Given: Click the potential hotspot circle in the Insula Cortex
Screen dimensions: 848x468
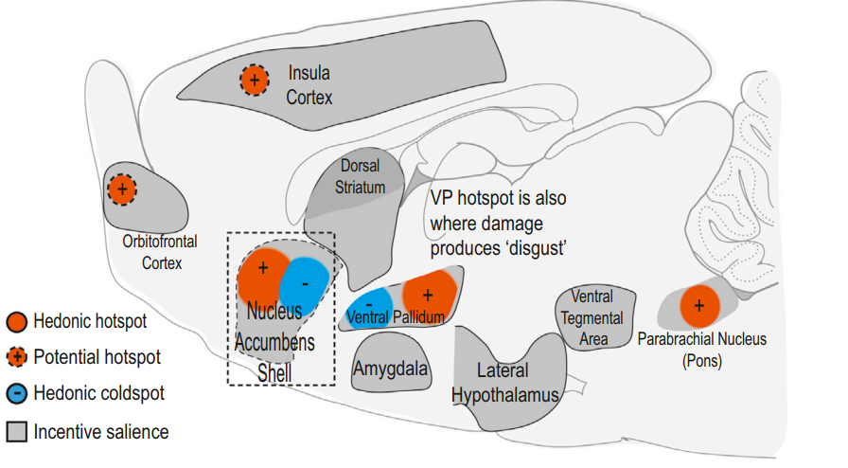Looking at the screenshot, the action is click(255, 81).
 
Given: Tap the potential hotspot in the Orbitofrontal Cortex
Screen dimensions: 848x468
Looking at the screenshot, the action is click(122, 189).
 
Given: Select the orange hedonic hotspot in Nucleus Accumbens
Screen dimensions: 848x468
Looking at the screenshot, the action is click(263, 277).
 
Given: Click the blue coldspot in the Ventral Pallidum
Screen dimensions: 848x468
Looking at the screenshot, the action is click(371, 308).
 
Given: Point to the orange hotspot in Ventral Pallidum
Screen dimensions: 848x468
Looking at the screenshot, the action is click(429, 296).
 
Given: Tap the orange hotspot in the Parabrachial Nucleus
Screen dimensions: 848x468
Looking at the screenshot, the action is click(699, 306).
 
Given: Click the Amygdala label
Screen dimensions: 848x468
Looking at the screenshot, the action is click(391, 369).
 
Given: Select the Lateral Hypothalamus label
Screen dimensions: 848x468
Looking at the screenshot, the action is click(504, 383).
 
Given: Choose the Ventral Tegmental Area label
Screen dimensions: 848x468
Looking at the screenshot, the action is click(592, 318).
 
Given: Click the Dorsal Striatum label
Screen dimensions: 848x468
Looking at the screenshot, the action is click(361, 176).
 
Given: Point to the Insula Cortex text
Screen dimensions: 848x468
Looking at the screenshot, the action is click(309, 85).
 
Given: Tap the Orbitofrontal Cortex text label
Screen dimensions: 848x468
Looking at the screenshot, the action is click(160, 252).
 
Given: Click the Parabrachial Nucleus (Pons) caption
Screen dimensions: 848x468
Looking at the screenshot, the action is click(702, 350).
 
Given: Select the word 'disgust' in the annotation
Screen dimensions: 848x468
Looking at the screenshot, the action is click(536, 248).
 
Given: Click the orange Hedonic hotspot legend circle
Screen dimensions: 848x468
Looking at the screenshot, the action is click(17, 321).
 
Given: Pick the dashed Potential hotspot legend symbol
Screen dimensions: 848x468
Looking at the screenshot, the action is click(17, 357).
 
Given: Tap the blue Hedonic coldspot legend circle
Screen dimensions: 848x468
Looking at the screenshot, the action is click(17, 393).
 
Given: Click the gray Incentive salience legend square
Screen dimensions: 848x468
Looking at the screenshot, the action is click(17, 432).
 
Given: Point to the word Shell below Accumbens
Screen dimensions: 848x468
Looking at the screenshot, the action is click(274, 373).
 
